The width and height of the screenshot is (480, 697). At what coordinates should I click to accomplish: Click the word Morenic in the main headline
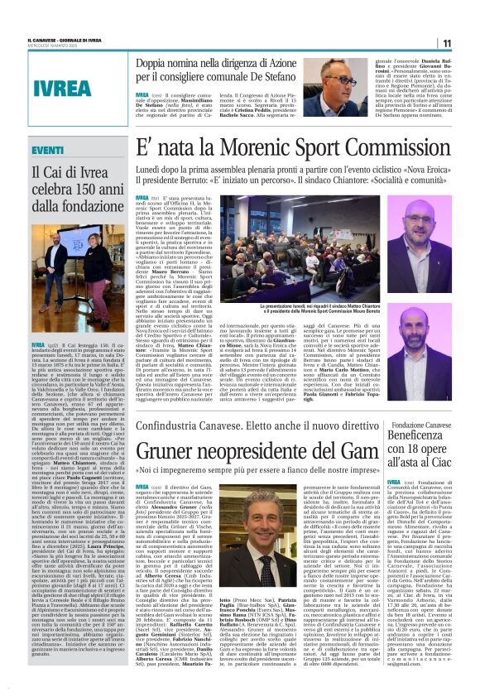[x=242, y=150]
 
